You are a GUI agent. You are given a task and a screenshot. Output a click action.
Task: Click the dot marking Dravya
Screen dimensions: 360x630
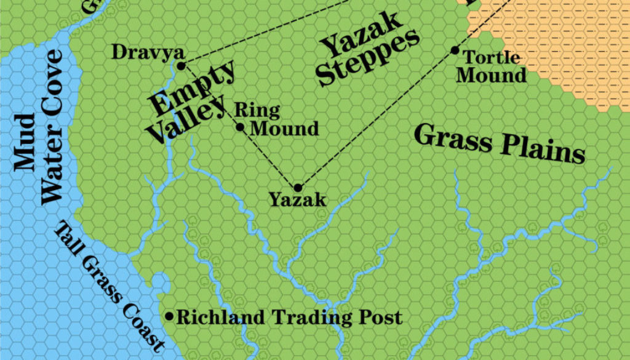181,66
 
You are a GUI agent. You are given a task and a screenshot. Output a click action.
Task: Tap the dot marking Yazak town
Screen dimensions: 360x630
298,188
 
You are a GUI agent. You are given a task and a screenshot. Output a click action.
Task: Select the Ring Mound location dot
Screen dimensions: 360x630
241,127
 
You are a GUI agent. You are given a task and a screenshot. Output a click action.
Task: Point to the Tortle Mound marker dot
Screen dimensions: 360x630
455,50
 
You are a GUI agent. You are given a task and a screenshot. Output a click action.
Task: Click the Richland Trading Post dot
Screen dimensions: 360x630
169,316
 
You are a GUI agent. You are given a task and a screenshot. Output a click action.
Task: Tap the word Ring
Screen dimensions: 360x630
257,111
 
